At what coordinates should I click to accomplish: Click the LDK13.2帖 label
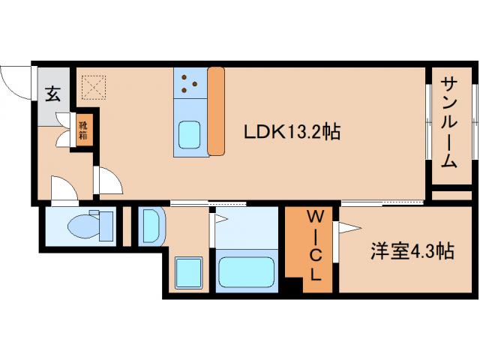pos(292,132)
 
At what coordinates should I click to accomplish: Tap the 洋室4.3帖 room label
pos(412,251)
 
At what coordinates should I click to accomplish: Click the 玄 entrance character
pos(53,94)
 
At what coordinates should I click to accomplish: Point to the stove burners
pos(189,83)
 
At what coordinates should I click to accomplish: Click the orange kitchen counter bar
pos(216,111)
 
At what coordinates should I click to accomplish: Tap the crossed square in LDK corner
pos(93,87)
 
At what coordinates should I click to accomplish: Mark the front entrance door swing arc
pos(16,79)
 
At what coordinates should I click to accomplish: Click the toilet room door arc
pos(64,187)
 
